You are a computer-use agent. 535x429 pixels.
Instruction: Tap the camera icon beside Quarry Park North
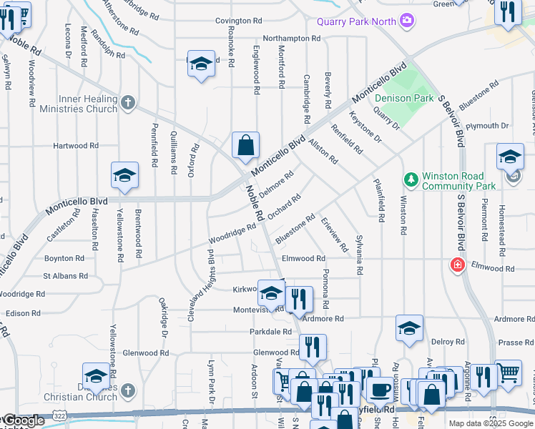407,20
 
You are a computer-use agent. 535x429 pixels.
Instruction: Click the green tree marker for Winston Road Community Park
411,177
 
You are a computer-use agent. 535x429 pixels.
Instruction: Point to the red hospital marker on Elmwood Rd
457,266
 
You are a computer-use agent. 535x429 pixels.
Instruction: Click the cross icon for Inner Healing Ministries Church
128,103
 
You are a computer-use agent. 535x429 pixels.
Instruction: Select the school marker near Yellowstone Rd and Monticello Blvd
124,175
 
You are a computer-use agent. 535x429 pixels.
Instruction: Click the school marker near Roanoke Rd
201,63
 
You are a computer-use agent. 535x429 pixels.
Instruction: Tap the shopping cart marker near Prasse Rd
509,372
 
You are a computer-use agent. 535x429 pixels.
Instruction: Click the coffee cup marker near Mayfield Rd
380,390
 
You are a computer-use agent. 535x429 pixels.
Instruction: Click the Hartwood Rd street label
76,146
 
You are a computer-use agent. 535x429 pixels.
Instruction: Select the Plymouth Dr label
486,126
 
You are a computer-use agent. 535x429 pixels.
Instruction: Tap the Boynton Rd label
64,258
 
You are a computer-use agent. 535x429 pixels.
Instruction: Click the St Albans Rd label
65,275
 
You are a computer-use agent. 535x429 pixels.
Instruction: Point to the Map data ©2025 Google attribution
490,423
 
